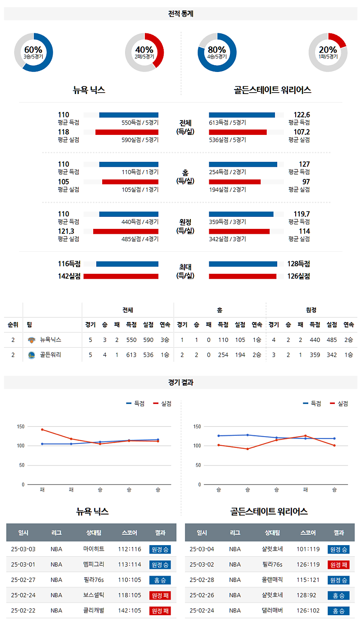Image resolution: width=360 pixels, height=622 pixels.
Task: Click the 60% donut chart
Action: point(33,53)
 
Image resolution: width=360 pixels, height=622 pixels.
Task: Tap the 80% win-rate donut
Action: point(217,53)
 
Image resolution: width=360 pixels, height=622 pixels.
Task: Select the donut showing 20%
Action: point(328,53)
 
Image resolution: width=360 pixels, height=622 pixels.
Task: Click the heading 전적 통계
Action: point(180,14)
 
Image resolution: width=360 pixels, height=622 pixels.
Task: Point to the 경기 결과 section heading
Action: point(180,383)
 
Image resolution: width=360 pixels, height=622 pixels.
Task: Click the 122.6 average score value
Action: point(301,115)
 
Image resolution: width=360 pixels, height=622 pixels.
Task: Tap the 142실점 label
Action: point(69,276)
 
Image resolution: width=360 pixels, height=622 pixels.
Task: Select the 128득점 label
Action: point(299,264)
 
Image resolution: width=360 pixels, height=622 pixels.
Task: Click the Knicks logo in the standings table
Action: point(31,340)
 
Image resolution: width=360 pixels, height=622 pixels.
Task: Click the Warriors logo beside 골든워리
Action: point(31,355)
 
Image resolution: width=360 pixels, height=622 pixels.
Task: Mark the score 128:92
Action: point(306,595)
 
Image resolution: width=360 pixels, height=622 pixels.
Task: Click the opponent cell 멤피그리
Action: point(94,564)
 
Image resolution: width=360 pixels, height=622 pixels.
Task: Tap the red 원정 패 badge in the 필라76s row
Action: point(339,564)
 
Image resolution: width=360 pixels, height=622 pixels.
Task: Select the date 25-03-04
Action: point(201,549)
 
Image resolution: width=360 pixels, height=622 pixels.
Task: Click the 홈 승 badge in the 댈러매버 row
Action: point(339,611)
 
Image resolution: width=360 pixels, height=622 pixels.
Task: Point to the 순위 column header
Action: point(13,325)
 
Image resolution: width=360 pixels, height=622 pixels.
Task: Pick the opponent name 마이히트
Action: point(94,549)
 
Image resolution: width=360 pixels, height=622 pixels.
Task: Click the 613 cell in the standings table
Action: point(131,355)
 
